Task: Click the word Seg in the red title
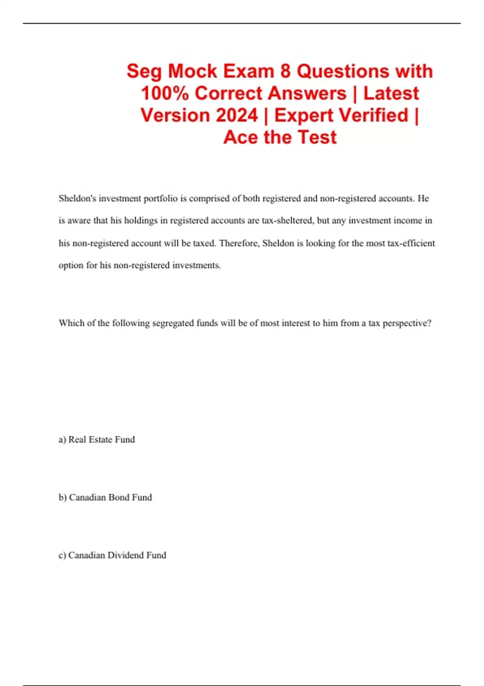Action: (144, 72)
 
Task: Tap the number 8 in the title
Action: (285, 71)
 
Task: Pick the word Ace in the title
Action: (240, 137)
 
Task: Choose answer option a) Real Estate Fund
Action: (97, 439)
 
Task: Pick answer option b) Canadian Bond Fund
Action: (105, 498)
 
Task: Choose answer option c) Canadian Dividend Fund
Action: (113, 555)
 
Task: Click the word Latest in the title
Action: (391, 93)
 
